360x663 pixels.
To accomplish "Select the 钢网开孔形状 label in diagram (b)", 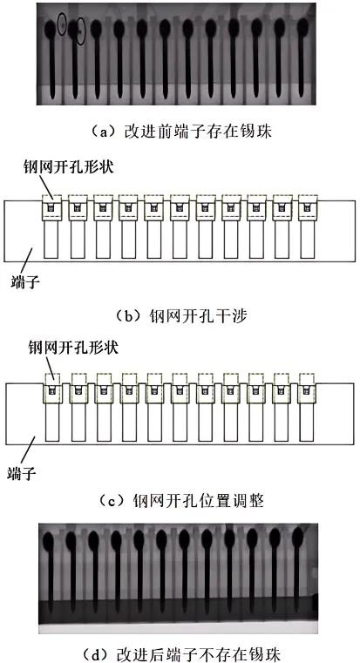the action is [69, 167].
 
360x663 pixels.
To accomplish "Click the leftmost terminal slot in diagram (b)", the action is [51, 239].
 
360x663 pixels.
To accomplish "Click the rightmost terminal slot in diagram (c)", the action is [307, 422].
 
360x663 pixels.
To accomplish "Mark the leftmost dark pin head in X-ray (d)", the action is [49, 541].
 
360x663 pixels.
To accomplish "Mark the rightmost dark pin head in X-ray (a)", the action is [302, 27].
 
